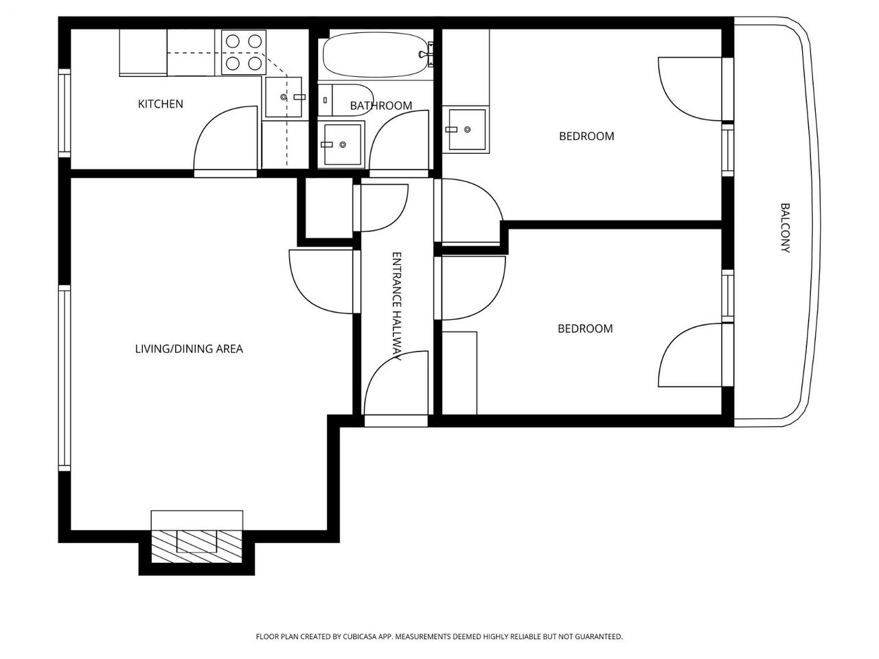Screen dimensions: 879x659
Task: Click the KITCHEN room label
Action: tap(160, 104)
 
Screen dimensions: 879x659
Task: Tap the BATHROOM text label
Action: tap(381, 106)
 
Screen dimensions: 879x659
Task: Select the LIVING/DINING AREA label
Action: tap(189, 349)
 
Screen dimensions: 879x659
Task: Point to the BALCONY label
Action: tap(785, 228)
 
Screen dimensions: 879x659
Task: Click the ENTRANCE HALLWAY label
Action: tap(396, 306)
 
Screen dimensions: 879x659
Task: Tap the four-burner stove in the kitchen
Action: tap(244, 52)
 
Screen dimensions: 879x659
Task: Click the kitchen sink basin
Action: tap(284, 97)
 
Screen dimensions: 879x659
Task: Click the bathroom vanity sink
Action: tap(343, 144)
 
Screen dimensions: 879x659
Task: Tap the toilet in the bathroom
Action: tap(345, 100)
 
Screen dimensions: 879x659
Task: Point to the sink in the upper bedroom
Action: tap(467, 130)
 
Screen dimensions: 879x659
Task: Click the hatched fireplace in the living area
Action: tap(196, 547)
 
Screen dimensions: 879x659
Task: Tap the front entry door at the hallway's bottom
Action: tap(396, 384)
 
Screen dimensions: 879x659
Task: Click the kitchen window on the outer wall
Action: tap(65, 113)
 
